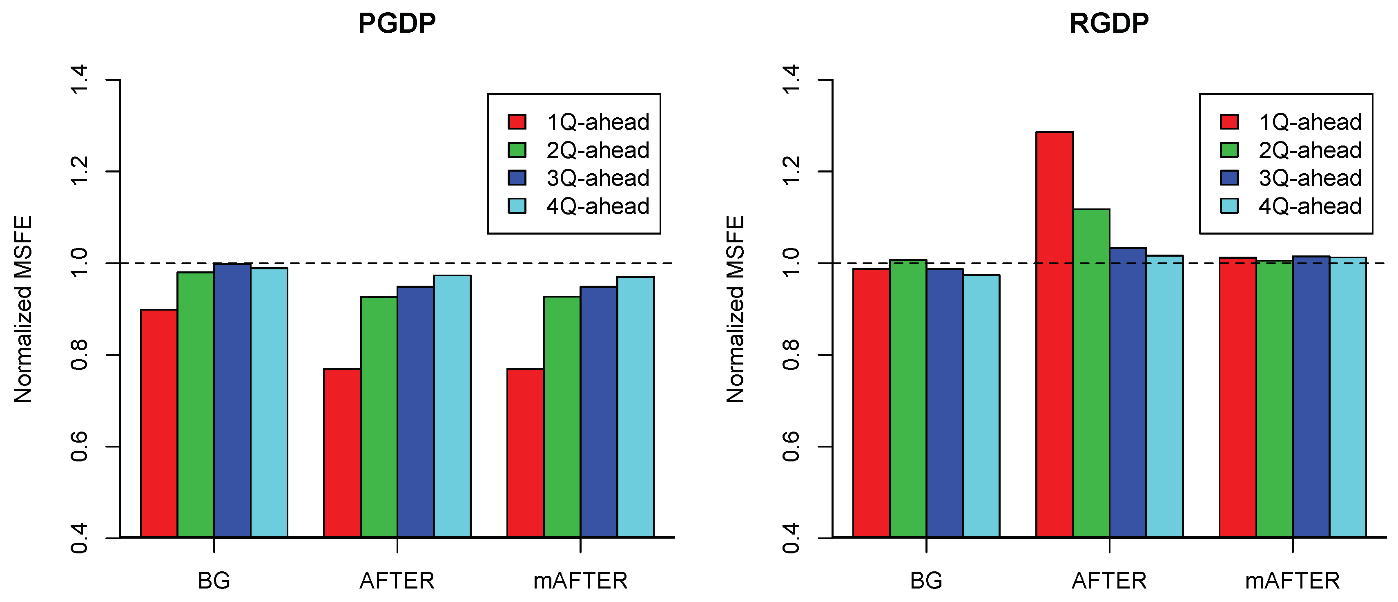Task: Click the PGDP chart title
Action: click(397, 23)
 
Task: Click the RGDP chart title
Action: click(1109, 23)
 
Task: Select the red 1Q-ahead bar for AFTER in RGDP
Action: click(1054, 334)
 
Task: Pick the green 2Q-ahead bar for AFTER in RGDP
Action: click(1091, 373)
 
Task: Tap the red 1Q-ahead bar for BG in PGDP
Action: click(159, 423)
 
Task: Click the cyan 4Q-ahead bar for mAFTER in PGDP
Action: click(635, 407)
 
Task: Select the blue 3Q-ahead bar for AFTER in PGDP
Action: click(415, 412)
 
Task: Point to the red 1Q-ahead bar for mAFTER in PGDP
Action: click(525, 453)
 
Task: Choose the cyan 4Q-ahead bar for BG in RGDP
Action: click(981, 406)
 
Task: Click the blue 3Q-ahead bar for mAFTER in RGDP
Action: click(1311, 397)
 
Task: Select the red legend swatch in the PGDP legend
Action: click(517, 122)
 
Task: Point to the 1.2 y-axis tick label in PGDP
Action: click(79, 171)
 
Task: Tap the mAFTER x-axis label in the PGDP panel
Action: click(580, 581)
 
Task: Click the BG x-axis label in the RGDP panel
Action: click(926, 581)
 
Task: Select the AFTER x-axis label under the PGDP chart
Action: click(397, 581)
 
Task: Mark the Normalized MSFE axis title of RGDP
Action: click(736, 309)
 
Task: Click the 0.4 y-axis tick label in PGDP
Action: click(79, 538)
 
